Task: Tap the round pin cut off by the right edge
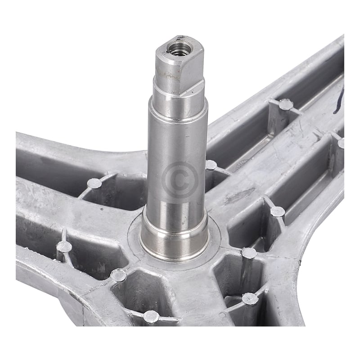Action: point(342,143)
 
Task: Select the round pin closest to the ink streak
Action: point(285,104)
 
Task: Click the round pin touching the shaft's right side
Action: point(211,165)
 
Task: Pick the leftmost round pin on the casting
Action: point(64,247)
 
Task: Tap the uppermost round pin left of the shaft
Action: point(94,183)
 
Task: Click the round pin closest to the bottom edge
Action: point(151,317)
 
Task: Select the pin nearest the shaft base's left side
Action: point(118,275)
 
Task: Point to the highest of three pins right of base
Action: point(277,211)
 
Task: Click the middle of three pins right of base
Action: point(249,253)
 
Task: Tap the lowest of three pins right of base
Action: point(250,298)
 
